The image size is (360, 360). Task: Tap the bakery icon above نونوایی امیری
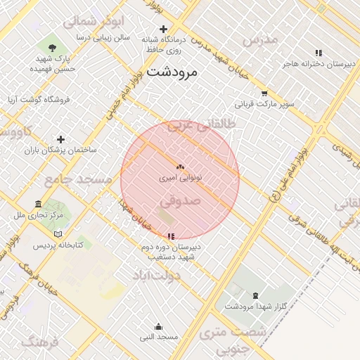coord(180,168)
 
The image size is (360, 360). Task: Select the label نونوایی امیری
coord(180,179)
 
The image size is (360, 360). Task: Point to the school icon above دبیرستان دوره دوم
coord(171,236)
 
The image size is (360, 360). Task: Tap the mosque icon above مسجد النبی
coord(158,327)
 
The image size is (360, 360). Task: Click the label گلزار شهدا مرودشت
coord(255,307)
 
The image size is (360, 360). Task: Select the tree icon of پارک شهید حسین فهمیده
coord(54,48)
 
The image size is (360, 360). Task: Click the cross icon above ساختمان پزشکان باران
coord(60,140)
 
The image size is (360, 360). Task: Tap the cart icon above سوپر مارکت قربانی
coord(264,93)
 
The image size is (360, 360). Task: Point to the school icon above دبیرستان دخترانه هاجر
coord(319,53)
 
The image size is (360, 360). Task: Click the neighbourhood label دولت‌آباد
coord(157,275)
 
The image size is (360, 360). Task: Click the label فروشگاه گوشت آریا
coord(39,100)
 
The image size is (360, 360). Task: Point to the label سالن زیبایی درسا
coord(103,37)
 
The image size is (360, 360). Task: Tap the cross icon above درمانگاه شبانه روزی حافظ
coord(164,30)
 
